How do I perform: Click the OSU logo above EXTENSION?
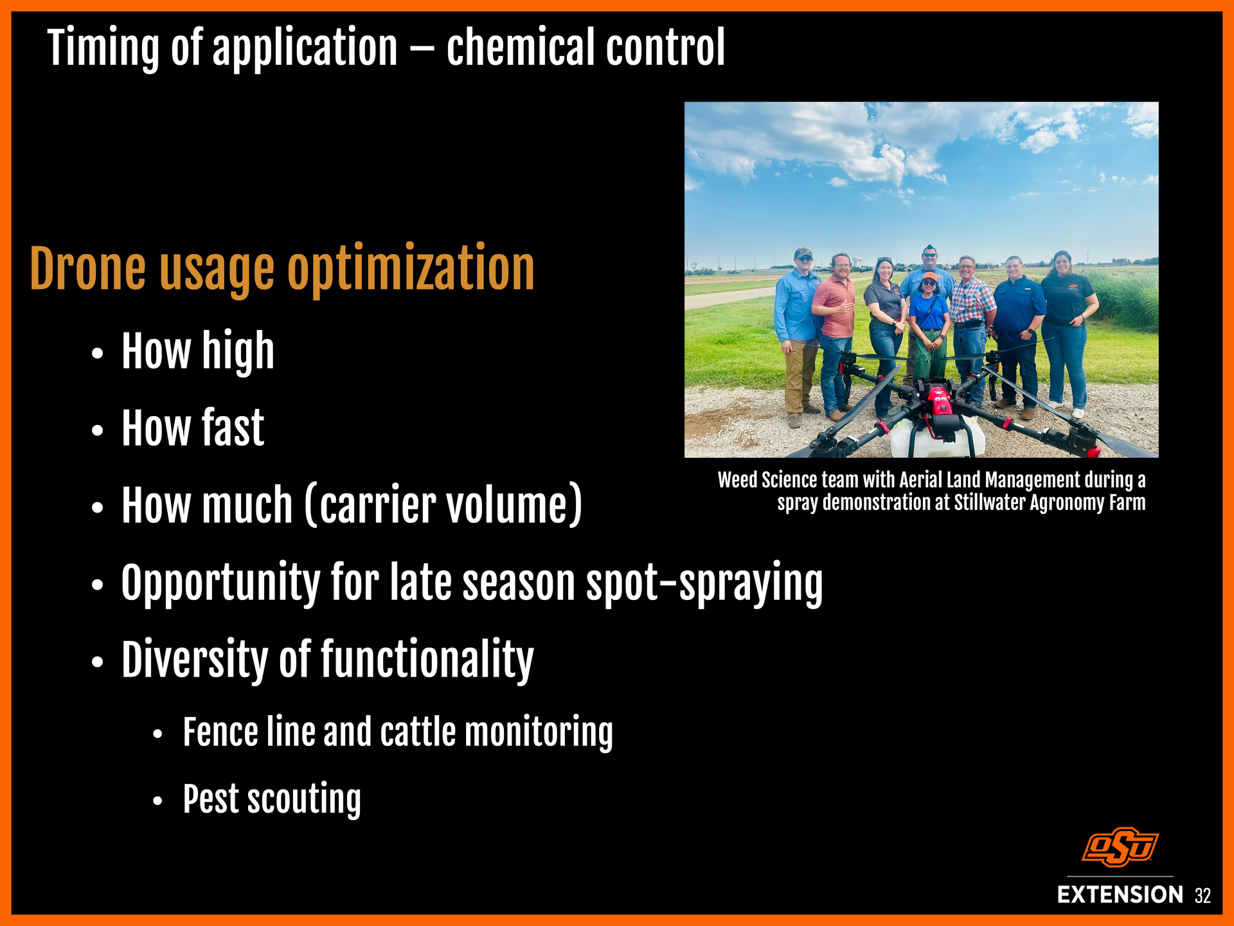[1120, 846]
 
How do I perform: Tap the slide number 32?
[1203, 896]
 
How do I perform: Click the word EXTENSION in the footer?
[1120, 894]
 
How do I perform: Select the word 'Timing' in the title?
[103, 48]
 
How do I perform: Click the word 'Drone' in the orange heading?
[88, 269]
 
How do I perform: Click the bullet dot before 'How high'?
[97, 354]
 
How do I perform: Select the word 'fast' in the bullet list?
[233, 428]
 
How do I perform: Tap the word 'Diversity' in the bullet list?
[195, 660]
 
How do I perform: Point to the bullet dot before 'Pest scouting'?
[158, 801]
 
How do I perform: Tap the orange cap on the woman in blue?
[929, 277]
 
